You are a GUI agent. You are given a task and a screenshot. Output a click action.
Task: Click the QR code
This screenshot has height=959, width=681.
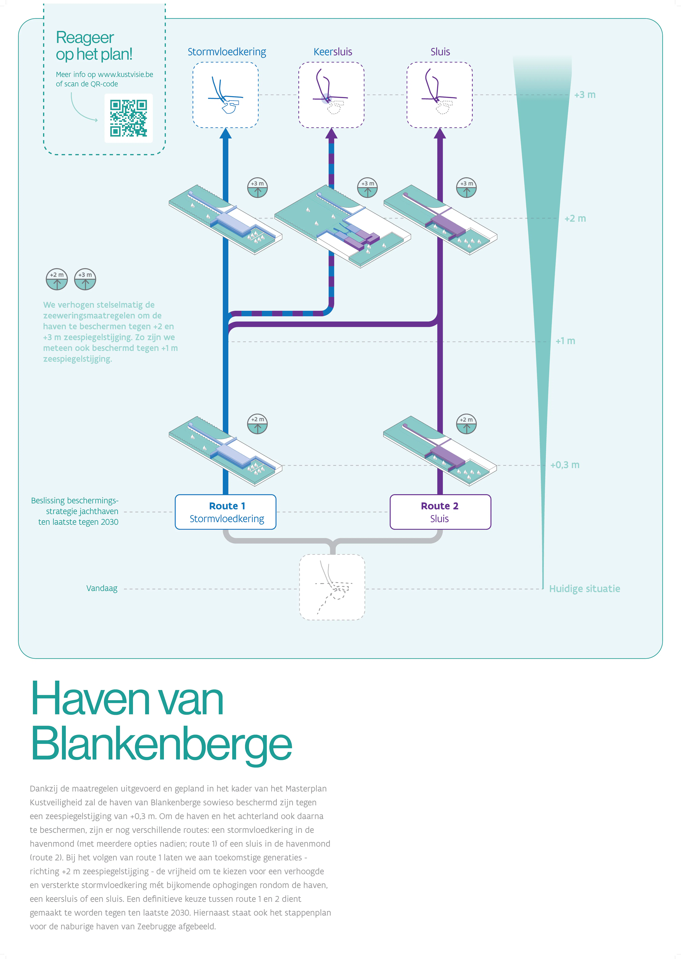coord(128,118)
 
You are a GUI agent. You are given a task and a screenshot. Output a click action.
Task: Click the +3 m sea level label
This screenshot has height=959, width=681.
coord(585,95)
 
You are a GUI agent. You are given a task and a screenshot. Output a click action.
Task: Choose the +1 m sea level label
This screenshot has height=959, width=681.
coord(565,341)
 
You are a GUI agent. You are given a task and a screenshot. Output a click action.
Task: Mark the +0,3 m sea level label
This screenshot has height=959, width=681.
coord(565,465)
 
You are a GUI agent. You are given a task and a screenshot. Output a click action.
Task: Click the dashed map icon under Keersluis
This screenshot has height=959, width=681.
coord(331,95)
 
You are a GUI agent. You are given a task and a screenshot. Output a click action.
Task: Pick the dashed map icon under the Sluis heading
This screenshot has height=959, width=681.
coord(439,95)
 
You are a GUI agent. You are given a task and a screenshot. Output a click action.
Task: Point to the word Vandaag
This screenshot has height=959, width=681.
coord(102,588)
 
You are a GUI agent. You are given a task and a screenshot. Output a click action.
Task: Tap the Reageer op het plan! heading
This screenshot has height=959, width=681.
coord(94,46)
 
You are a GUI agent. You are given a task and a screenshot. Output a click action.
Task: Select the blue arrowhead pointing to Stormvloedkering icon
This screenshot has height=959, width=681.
coord(226,133)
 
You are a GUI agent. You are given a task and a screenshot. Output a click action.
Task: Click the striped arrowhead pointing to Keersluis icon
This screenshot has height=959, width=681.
coord(331,133)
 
